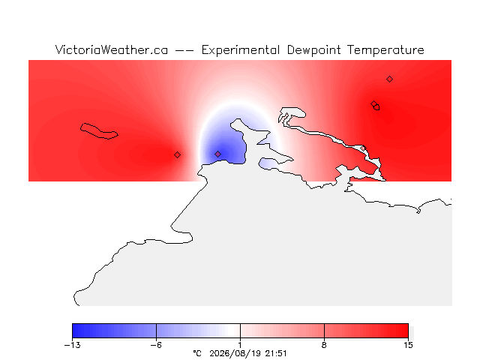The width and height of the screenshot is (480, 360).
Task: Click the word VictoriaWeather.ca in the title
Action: pyautogui.click(x=112, y=50)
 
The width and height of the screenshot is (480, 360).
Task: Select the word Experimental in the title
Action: pyautogui.click(x=241, y=50)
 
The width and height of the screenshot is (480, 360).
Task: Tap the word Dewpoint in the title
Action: pyautogui.click(x=313, y=50)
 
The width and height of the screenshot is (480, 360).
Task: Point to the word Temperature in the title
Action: pyautogui.click(x=385, y=50)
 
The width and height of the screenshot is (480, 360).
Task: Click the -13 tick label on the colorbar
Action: pyautogui.click(x=73, y=345)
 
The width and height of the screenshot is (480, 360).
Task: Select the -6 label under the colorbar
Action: pyautogui.click(x=156, y=345)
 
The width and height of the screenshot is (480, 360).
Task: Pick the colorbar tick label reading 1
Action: pyautogui.click(x=240, y=345)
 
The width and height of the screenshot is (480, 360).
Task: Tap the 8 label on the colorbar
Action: pyautogui.click(x=324, y=345)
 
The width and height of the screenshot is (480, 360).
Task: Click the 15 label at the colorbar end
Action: pyautogui.click(x=408, y=345)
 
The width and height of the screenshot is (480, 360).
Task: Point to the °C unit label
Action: pyautogui.click(x=197, y=353)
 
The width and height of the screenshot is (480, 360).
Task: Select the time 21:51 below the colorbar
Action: pyautogui.click(x=276, y=353)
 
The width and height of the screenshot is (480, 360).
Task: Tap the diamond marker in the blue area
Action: pyautogui.click(x=218, y=154)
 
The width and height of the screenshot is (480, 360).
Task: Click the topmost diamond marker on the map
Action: pyautogui.click(x=389, y=79)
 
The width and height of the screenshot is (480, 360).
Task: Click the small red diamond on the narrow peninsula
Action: pyautogui.click(x=363, y=148)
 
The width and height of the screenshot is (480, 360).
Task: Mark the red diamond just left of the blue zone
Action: pyautogui.click(x=177, y=155)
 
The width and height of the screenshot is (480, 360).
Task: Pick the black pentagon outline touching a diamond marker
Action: pyautogui.click(x=376, y=107)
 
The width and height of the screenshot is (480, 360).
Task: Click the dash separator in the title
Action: pyautogui.click(x=184, y=50)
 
